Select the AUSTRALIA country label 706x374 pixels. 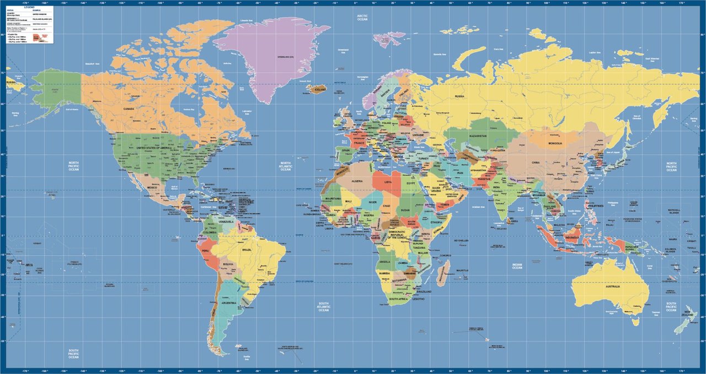[612, 286]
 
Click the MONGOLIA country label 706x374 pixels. [555, 144]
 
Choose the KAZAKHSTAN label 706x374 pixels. [478, 135]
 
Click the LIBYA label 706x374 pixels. [389, 181]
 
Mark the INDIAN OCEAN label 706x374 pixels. [517, 265]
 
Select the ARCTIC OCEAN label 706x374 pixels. [362, 18]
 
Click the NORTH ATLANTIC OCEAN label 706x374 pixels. [285, 166]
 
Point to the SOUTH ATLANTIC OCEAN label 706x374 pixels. [323, 306]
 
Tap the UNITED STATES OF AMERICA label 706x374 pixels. [158, 148]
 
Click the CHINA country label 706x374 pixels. [536, 162]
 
